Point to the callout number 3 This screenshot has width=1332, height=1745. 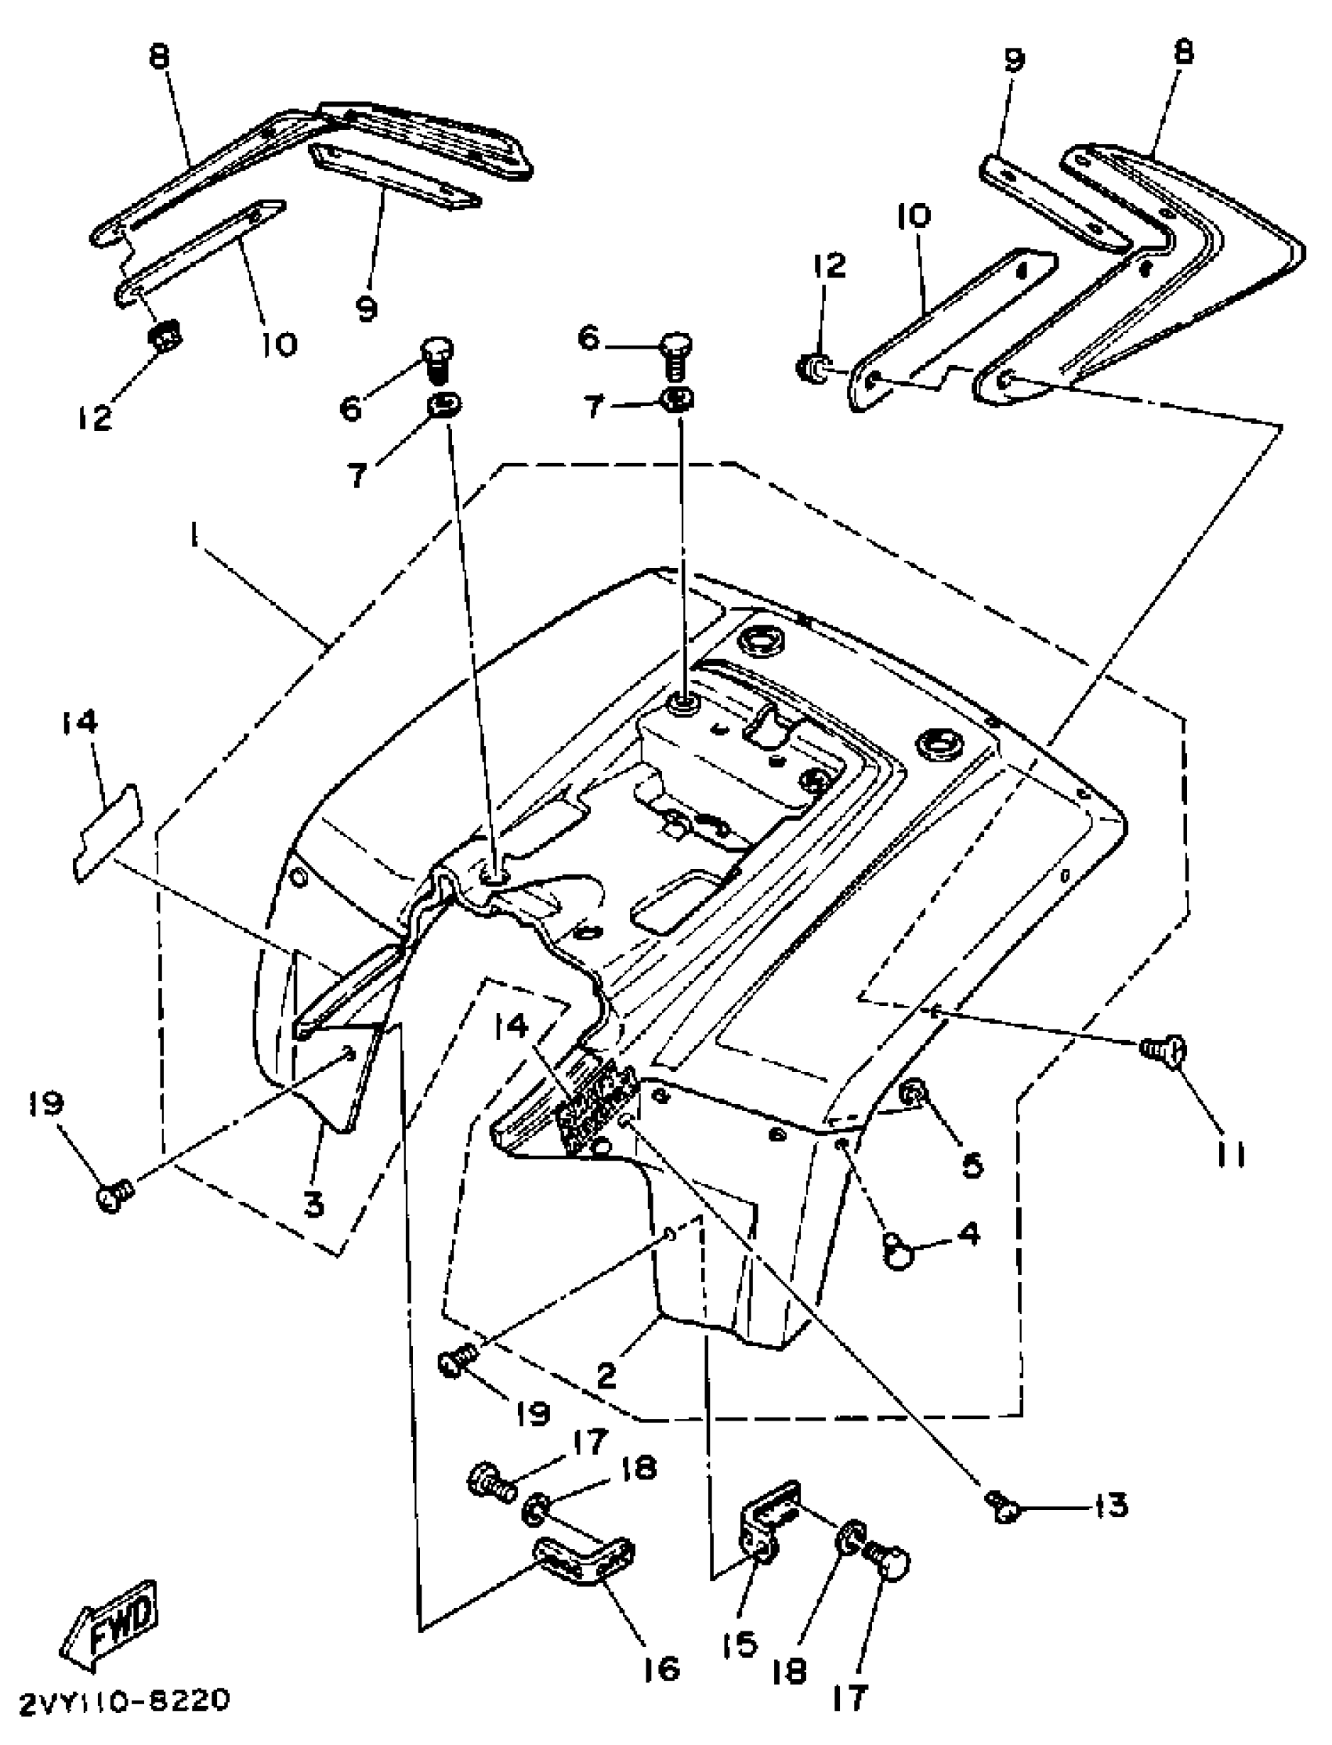[314, 1204]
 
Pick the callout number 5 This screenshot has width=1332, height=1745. [972, 1164]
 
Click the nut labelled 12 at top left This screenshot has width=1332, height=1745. [165, 339]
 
